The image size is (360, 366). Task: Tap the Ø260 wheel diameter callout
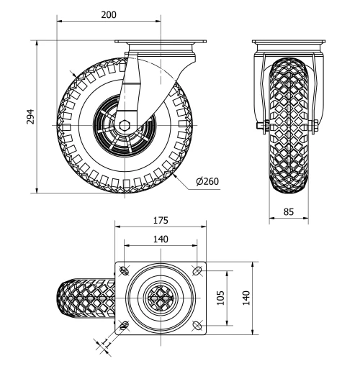point(207,180)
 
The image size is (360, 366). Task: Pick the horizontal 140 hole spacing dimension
point(160,239)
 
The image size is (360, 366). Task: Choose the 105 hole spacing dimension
point(222,297)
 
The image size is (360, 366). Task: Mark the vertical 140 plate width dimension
point(246,297)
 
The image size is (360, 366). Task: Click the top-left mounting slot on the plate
point(125,270)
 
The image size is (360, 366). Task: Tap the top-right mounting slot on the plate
point(197,270)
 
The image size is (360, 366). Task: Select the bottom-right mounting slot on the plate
point(197,324)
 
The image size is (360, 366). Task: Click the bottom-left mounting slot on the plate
point(125,324)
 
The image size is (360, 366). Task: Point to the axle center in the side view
point(125,124)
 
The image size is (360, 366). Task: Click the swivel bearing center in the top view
point(160,297)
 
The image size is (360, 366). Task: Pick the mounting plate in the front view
point(288,41)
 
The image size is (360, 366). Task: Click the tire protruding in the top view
point(83,298)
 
